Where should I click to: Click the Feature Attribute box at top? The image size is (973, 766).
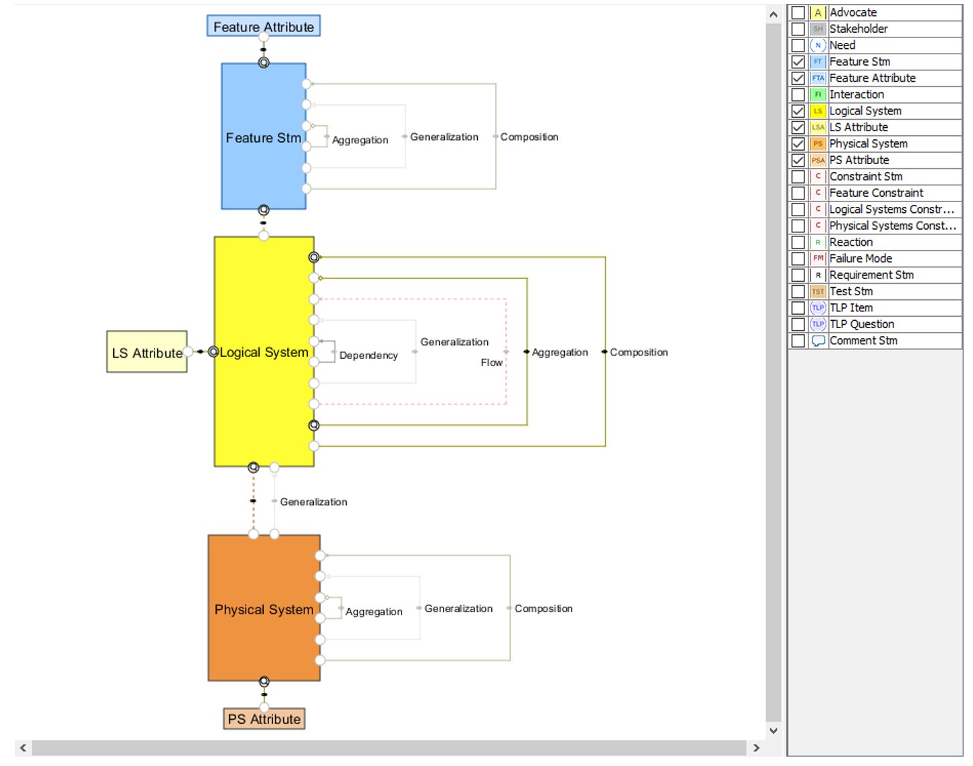(263, 27)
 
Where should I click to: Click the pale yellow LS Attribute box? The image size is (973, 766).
(147, 352)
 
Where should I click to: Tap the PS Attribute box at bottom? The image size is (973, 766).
(264, 719)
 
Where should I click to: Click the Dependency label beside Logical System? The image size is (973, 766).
(368, 356)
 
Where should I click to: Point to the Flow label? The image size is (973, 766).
(491, 362)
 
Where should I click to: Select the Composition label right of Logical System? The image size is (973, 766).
(638, 352)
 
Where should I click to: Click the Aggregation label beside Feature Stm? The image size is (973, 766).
(360, 140)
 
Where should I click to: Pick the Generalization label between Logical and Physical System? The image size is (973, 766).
(313, 502)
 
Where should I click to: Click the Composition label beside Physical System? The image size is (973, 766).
(543, 609)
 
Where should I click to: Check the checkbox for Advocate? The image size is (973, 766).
(798, 13)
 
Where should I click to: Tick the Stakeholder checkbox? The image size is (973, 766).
(798, 29)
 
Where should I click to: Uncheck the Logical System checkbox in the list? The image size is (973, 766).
(798, 111)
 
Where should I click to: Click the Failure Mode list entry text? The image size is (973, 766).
(861, 258)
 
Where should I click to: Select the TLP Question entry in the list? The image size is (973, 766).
(862, 324)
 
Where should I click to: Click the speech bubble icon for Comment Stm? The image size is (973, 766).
(818, 341)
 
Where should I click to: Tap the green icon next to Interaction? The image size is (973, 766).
(818, 94)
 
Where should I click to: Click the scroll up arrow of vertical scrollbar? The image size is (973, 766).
(774, 14)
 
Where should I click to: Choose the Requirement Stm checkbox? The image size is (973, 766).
(798, 275)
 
